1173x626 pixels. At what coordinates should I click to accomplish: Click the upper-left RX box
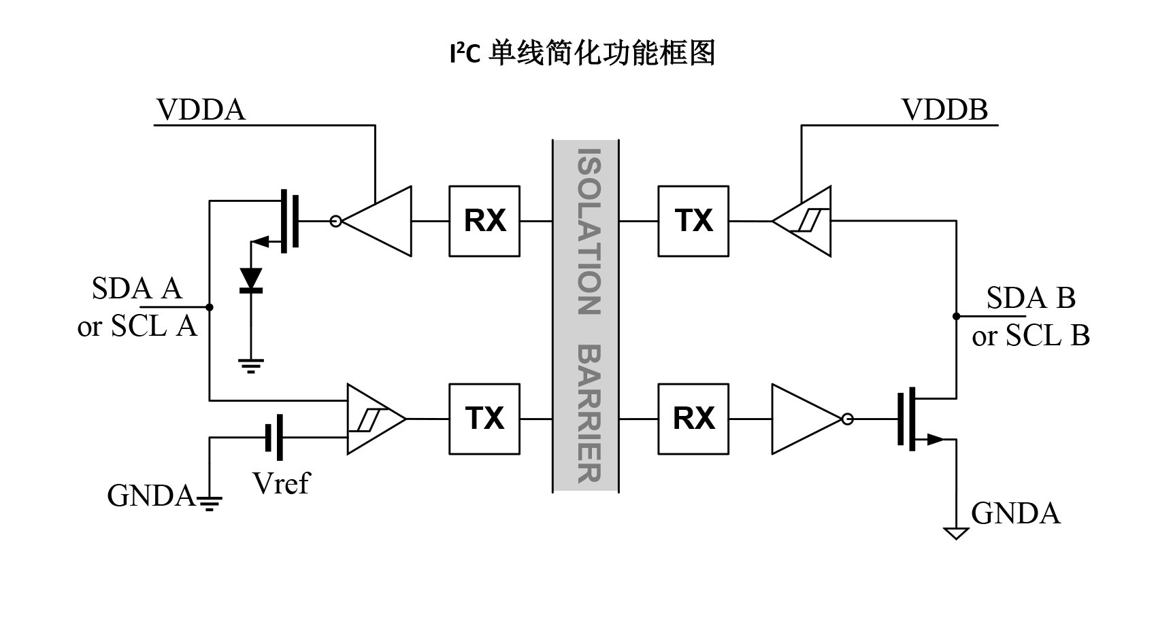pyautogui.click(x=484, y=221)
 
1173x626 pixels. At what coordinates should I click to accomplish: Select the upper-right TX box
pyautogui.click(x=693, y=221)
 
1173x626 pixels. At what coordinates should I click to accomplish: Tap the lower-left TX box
pyautogui.click(x=484, y=419)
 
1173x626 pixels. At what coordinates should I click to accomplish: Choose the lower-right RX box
pyautogui.click(x=693, y=419)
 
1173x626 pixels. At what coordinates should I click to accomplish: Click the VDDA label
pyautogui.click(x=201, y=109)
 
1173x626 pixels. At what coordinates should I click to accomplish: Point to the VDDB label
pyautogui.click(x=944, y=109)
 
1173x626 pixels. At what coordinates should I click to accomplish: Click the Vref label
pyautogui.click(x=280, y=483)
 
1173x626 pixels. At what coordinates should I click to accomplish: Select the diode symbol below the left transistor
pyautogui.click(x=251, y=281)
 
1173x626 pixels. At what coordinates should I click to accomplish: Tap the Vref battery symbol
pyautogui.click(x=274, y=438)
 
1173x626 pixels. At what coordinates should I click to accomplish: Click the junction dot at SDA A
pyautogui.click(x=210, y=307)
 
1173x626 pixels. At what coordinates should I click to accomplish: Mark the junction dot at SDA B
pyautogui.click(x=956, y=316)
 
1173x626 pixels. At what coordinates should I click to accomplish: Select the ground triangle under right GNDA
pyautogui.click(x=956, y=533)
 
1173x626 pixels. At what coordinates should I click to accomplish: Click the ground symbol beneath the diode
pyautogui.click(x=251, y=366)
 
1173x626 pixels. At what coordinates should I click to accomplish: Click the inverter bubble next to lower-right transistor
pyautogui.click(x=847, y=419)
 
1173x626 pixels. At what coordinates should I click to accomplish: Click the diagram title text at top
pyautogui.click(x=582, y=53)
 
